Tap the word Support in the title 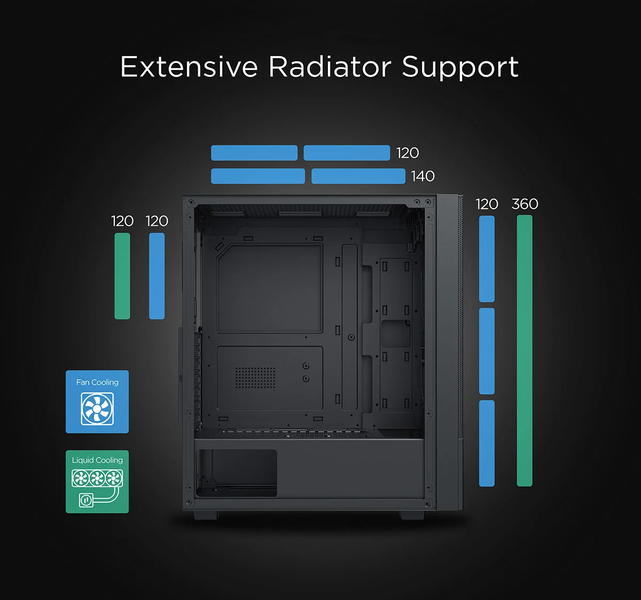tap(460, 68)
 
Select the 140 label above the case tap(423, 176)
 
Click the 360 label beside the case tap(525, 204)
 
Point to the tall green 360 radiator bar tap(525, 351)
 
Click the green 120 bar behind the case tap(122, 276)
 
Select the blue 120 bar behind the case tap(157, 276)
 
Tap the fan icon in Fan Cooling tap(97, 409)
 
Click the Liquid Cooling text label tap(97, 460)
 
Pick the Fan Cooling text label tap(97, 382)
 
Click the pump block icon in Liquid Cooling tap(86, 500)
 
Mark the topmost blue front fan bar tap(487, 259)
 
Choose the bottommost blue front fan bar tap(487, 443)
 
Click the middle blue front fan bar tap(487, 351)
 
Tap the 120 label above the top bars tap(408, 153)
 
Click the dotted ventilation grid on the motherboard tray tap(255, 377)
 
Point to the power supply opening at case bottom tap(236, 473)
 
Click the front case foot tap(412, 515)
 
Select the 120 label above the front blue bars tap(487, 204)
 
